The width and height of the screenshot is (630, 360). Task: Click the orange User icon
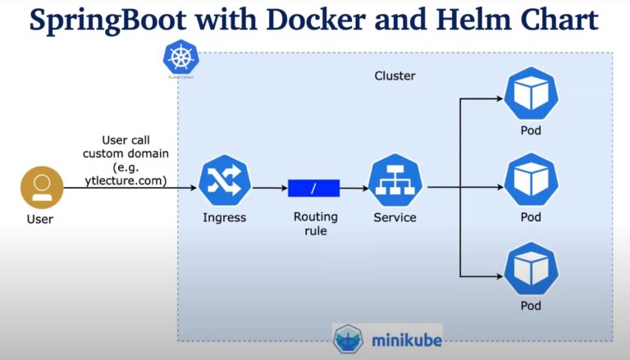(x=41, y=187)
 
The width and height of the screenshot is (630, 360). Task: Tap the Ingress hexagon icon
(x=224, y=181)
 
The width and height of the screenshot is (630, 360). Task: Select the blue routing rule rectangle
(x=313, y=188)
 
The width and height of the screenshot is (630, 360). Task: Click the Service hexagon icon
(x=395, y=181)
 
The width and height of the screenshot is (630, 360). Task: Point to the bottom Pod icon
(x=531, y=269)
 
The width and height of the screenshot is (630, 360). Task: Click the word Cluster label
(x=395, y=76)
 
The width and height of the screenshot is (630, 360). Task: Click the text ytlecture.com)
(x=126, y=180)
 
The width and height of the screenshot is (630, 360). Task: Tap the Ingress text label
(x=224, y=218)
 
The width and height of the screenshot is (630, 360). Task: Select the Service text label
(x=395, y=218)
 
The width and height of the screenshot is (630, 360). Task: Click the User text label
(x=39, y=220)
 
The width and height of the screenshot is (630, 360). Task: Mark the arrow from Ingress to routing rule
(x=269, y=188)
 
